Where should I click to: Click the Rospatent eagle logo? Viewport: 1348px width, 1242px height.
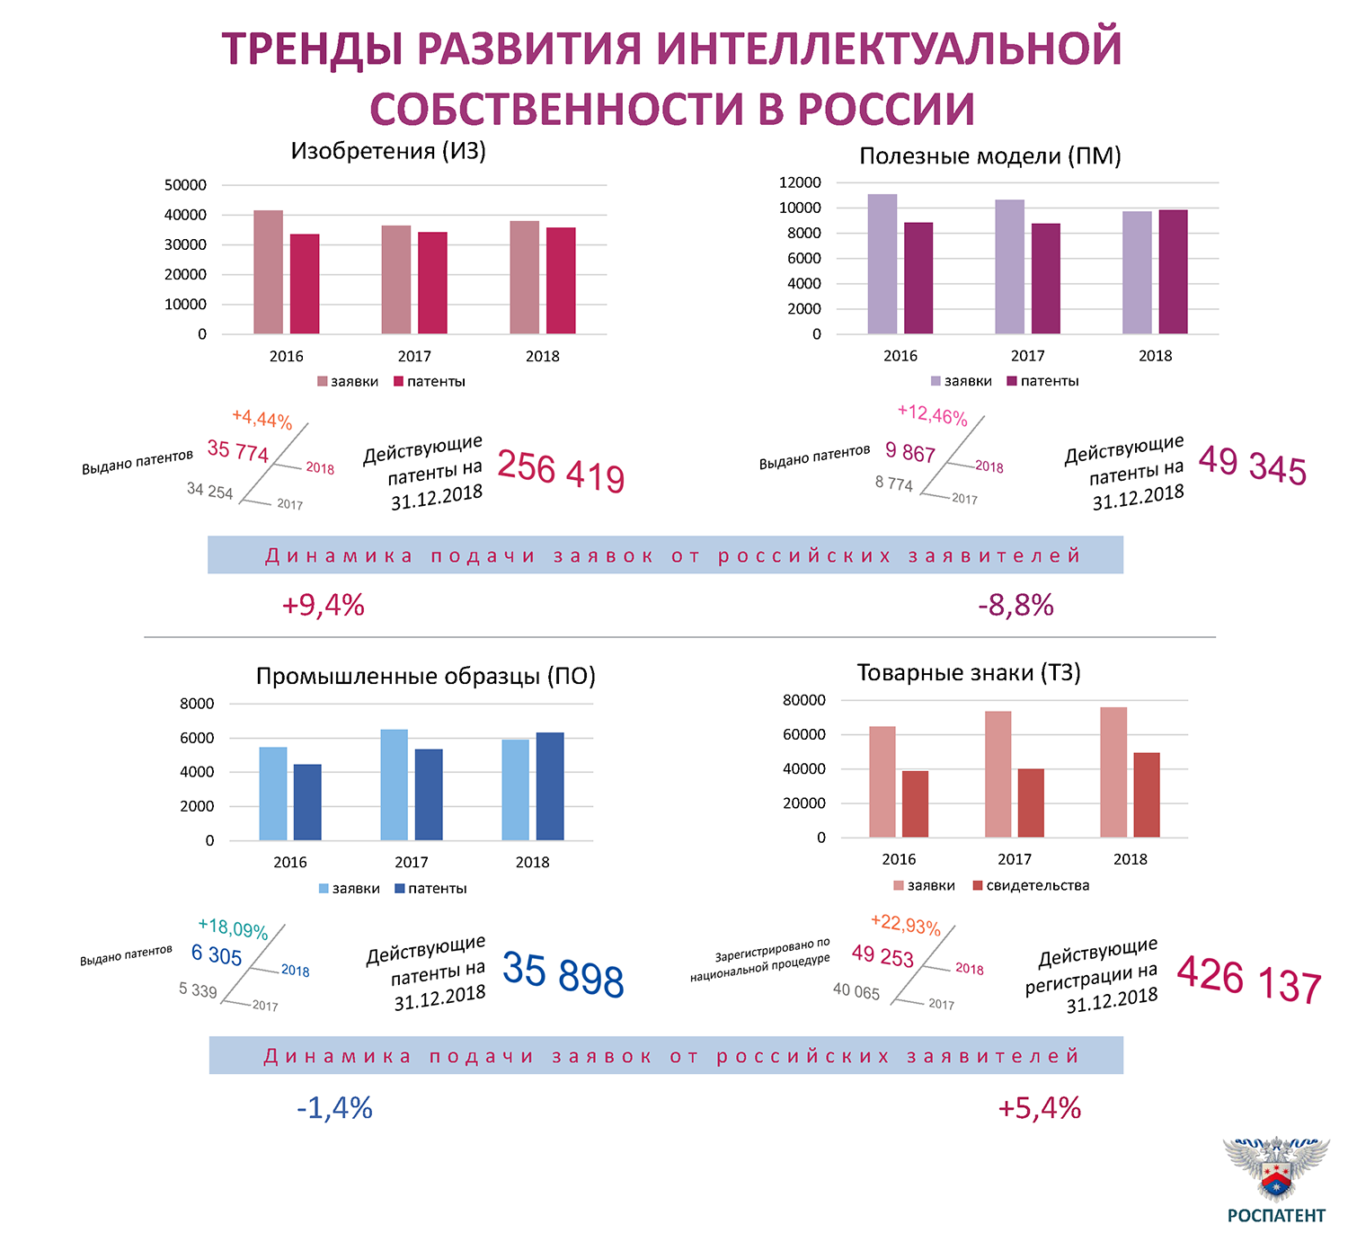pyautogui.click(x=1276, y=1169)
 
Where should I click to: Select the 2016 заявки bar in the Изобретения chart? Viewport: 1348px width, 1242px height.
pyautogui.click(x=268, y=272)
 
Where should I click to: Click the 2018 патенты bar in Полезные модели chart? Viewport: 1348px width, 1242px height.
pyautogui.click(x=1173, y=272)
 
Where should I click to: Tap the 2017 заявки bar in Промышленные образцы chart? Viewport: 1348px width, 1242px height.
pyautogui.click(x=394, y=785)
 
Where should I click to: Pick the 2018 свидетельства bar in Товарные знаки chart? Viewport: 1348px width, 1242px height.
pyautogui.click(x=1147, y=795)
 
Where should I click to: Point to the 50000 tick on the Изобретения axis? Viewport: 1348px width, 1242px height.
pyautogui.click(x=185, y=185)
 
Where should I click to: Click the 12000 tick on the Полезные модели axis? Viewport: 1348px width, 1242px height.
pyautogui.click(x=800, y=182)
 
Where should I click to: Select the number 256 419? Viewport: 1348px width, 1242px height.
pyautogui.click(x=561, y=471)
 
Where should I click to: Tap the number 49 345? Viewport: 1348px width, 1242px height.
pyautogui.click(x=1252, y=466)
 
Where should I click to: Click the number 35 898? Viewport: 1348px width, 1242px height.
pyautogui.click(x=563, y=974)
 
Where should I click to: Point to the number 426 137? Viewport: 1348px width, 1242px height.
pyautogui.click(x=1249, y=980)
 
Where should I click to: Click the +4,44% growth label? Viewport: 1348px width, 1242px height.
pyautogui.click(x=262, y=419)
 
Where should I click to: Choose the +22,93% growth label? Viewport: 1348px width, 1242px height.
pyautogui.click(x=905, y=925)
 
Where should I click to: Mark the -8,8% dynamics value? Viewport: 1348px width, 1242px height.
pyautogui.click(x=1015, y=606)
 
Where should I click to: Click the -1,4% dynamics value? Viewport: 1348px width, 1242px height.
pyautogui.click(x=334, y=1108)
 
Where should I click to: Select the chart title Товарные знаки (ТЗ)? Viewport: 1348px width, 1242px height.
pyautogui.click(x=968, y=673)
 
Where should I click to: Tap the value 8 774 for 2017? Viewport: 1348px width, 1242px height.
pyautogui.click(x=893, y=483)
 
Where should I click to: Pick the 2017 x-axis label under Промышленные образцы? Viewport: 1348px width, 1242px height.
pyautogui.click(x=412, y=863)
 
